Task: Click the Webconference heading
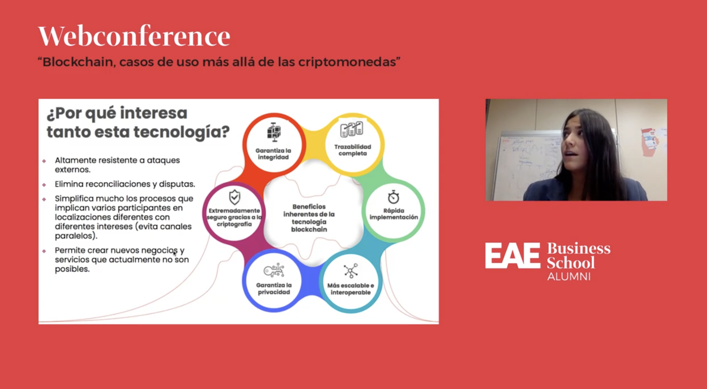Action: pyautogui.click(x=134, y=37)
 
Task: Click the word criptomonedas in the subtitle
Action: pyautogui.click(x=347, y=62)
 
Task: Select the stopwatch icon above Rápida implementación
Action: pyautogui.click(x=393, y=197)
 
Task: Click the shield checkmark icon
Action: pyautogui.click(x=234, y=197)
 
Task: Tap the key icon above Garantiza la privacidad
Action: pyautogui.click(x=274, y=270)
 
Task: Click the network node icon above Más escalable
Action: pyautogui.click(x=351, y=271)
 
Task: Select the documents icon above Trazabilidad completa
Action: pyautogui.click(x=351, y=129)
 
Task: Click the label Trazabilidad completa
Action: pyautogui.click(x=352, y=150)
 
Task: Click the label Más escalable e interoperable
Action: pyautogui.click(x=350, y=289)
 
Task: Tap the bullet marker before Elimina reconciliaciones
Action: pyautogui.click(x=44, y=185)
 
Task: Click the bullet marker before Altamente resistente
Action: pyautogui.click(x=44, y=161)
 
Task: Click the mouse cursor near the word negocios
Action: pyautogui.click(x=175, y=253)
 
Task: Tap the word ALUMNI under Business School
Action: pyautogui.click(x=569, y=276)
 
